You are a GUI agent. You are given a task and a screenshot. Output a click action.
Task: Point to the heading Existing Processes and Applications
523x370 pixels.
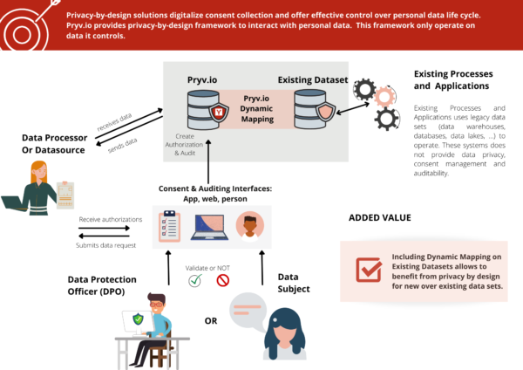[452, 80]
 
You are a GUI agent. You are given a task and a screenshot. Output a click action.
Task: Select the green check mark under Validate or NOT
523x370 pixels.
[195, 280]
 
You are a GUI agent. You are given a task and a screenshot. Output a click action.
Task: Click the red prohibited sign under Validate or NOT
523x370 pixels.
[222, 280]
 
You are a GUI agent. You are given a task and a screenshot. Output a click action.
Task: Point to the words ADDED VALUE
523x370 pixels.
[380, 218]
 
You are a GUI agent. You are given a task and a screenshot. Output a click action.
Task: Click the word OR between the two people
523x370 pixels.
[210, 320]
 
